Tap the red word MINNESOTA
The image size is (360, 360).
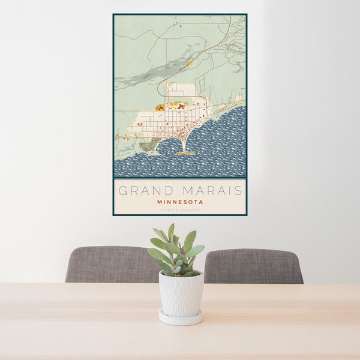(x=180, y=202)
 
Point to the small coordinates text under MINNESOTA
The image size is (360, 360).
(x=180, y=209)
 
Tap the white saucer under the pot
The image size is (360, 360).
(x=181, y=317)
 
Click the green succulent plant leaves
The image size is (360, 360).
(x=177, y=249)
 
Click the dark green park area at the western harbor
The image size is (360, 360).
(x=148, y=145)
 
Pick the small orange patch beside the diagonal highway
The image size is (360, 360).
(x=190, y=62)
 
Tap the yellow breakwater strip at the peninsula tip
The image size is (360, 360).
(x=185, y=154)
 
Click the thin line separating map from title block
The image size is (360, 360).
(x=180, y=179)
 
